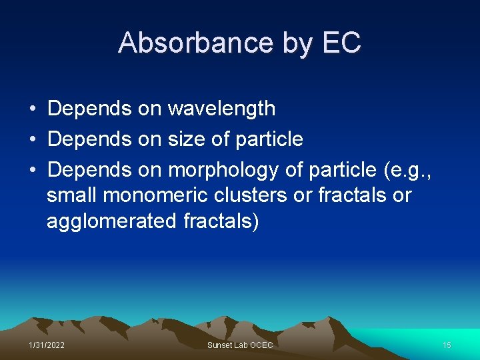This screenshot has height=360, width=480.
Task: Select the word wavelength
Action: point(221,108)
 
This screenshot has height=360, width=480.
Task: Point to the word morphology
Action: point(223,170)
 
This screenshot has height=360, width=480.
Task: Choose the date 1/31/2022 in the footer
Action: point(47,345)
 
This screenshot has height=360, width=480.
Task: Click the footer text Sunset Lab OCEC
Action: point(240,345)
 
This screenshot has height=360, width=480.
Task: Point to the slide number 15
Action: point(447,345)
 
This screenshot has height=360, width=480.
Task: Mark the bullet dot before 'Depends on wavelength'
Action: point(32,108)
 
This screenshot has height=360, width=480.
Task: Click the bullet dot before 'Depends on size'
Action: point(32,139)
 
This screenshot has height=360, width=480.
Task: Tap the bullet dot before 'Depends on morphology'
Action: point(32,170)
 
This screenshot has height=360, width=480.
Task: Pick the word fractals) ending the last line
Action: point(221,221)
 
